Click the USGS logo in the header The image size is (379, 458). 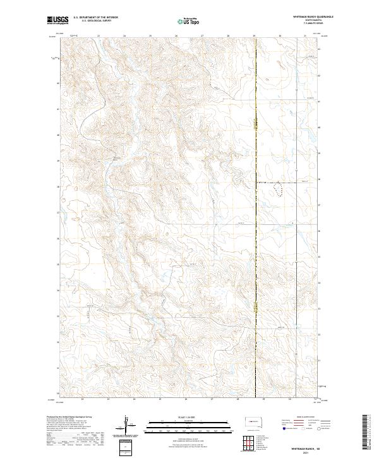coord(58,21)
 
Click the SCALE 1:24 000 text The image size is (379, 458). coord(186,417)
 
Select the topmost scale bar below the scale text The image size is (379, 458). coord(186,423)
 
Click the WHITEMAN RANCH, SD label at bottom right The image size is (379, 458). coord(306,448)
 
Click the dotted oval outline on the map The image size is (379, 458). coord(278,186)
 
